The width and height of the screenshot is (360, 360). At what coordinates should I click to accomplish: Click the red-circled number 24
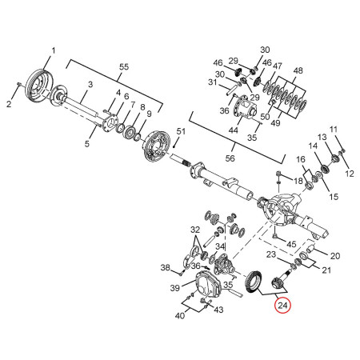point(282,306)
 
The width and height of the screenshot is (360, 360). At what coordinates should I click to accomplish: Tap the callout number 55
point(124,67)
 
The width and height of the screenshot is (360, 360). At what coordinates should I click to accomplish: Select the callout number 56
point(230,158)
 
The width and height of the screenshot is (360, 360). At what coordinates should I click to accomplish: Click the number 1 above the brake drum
point(54,50)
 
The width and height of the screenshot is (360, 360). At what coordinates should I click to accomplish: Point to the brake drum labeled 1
point(40,86)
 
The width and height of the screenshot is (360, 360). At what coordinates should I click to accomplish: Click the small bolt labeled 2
point(19,84)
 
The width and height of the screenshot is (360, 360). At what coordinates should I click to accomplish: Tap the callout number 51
point(181,131)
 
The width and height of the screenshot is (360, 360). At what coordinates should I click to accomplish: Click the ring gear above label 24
point(254,282)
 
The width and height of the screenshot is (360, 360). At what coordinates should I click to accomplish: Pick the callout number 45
point(291,244)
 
